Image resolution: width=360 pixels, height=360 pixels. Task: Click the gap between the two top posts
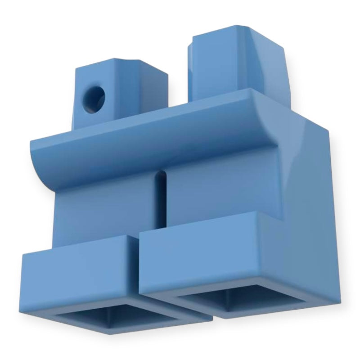[178, 90]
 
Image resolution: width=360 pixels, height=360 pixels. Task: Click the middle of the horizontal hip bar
[148, 135]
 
